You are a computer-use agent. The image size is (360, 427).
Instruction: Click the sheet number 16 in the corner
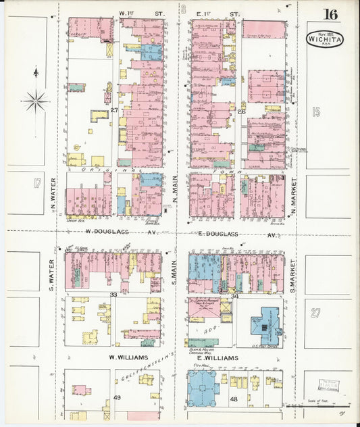click(x=330, y=15)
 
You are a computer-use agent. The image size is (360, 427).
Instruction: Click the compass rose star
click(x=35, y=101)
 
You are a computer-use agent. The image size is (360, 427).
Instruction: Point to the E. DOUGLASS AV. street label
click(x=238, y=234)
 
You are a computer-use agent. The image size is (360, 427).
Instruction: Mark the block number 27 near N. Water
click(x=114, y=110)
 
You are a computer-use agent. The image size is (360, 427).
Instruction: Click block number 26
click(x=240, y=111)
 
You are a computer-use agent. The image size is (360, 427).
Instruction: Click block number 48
click(x=234, y=399)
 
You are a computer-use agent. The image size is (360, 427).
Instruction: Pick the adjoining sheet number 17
click(x=37, y=183)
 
